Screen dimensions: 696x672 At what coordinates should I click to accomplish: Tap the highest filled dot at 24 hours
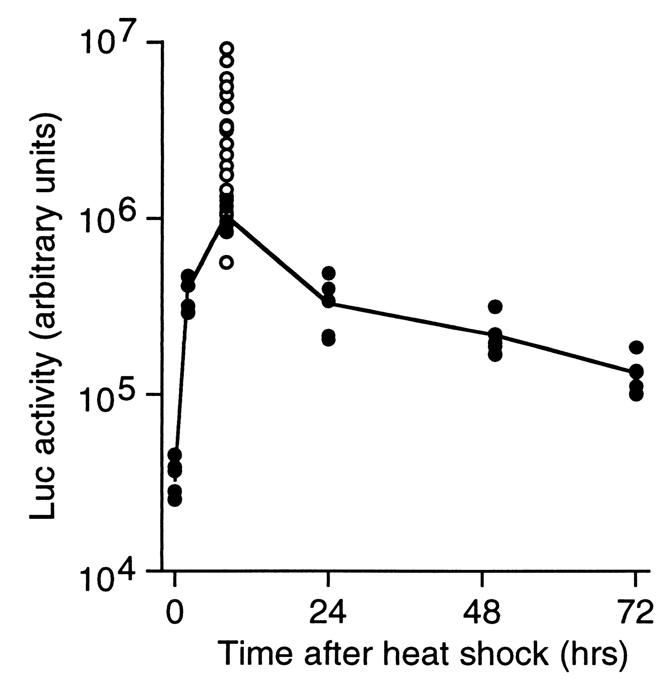pos(328,273)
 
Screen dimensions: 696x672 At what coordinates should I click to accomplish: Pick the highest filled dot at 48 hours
pos(495,307)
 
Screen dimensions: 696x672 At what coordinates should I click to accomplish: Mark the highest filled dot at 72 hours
pos(636,347)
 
